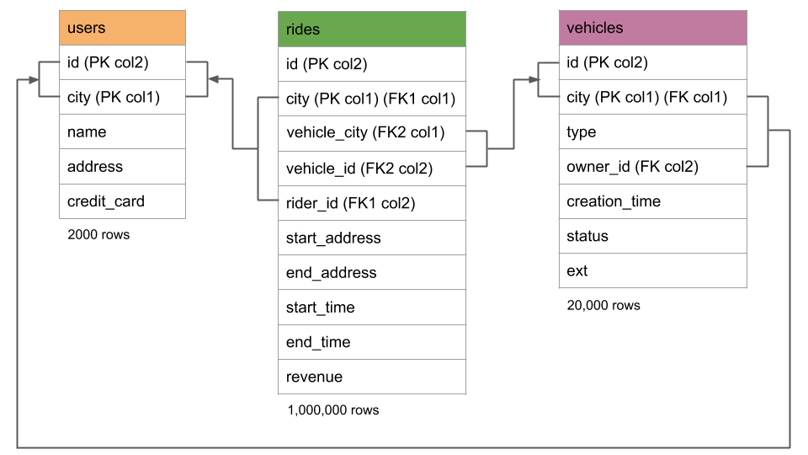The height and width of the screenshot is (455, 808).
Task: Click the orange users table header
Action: [122, 28]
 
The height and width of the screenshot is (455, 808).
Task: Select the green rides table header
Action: [371, 29]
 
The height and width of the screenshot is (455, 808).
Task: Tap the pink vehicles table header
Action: [652, 28]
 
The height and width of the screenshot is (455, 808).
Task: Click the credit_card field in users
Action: [122, 201]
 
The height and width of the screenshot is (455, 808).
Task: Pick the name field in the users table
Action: [122, 132]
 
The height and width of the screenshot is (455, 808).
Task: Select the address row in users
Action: [122, 167]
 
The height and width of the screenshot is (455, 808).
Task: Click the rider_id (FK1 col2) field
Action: [371, 203]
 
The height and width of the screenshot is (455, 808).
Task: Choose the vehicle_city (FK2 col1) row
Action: [371, 132]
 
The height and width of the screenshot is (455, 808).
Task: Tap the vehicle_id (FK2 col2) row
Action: [371, 169]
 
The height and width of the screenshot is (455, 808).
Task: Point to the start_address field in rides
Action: [371, 238]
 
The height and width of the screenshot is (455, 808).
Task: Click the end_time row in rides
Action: [371, 342]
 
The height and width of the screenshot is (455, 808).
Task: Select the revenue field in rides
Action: [371, 377]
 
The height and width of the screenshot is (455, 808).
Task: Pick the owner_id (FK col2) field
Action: [652, 167]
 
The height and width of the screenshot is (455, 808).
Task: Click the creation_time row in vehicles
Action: [652, 201]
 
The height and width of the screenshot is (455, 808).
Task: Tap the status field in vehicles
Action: [652, 236]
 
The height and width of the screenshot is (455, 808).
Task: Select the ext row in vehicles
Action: [652, 270]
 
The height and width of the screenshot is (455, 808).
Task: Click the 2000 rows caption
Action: [98, 235]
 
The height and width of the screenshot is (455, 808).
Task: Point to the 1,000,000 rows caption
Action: [333, 410]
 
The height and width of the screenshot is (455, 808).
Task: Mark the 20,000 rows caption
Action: [603, 305]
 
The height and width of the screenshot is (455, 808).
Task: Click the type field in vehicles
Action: [652, 132]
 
